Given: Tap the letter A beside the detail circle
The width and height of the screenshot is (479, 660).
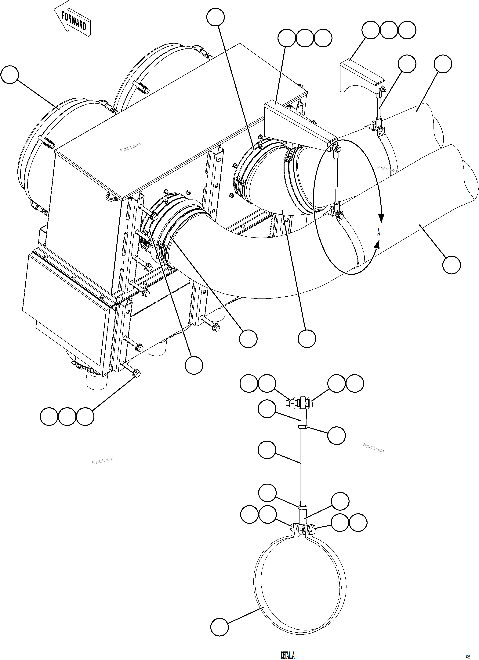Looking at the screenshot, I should click(379, 232).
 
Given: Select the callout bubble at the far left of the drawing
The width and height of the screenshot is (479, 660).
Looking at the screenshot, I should click(10, 75).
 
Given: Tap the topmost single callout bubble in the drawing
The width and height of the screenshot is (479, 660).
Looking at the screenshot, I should click(215, 17).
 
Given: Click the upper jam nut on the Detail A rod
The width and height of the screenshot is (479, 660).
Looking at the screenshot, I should click(303, 427).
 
